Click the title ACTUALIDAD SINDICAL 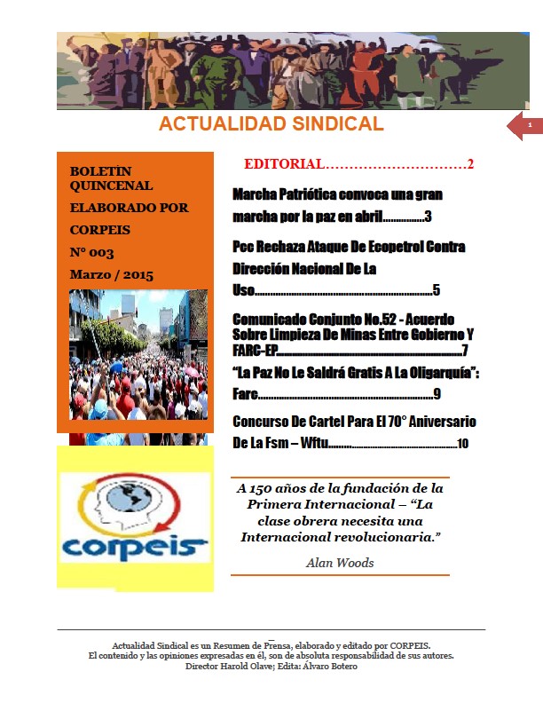tap(271, 123)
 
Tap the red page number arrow tap(525, 128)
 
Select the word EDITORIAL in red tap(283, 164)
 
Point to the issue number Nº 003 tap(91, 252)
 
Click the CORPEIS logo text tap(135, 543)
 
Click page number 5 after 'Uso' tap(436, 289)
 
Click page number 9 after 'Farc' tap(437, 393)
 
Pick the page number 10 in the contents tap(462, 443)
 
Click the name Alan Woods tap(340, 562)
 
